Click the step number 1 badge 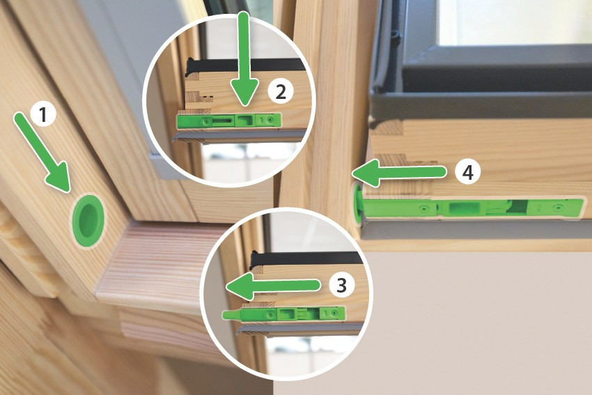(42, 114)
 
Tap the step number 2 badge (281, 92)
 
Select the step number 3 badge (341, 285)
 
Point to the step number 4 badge (468, 172)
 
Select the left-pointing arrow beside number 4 (399, 173)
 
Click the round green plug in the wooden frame (88, 221)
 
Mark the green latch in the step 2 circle (229, 121)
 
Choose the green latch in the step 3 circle (284, 313)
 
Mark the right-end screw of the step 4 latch (558, 208)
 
